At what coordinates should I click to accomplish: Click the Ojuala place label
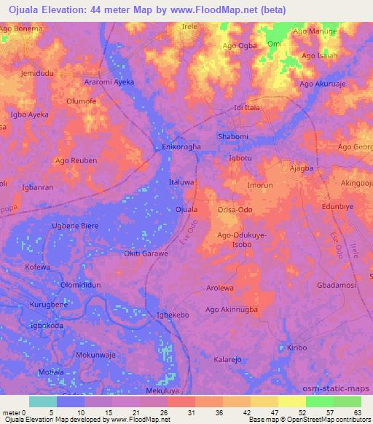click(x=187, y=210)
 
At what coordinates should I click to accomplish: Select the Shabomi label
click(x=234, y=136)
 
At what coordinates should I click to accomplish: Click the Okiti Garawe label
click(x=146, y=254)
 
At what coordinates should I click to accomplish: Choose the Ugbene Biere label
click(x=74, y=226)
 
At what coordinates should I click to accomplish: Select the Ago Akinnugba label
click(x=232, y=310)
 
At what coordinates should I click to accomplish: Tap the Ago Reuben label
click(x=76, y=160)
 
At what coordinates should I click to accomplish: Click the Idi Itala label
click(x=247, y=108)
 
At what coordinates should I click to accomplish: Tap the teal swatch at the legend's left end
click(x=43, y=401)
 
